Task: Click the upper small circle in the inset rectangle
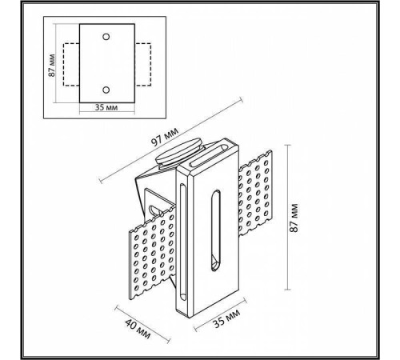[x=106, y=35]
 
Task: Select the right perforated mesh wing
[x=256, y=196]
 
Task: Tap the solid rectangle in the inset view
[x=106, y=61]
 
